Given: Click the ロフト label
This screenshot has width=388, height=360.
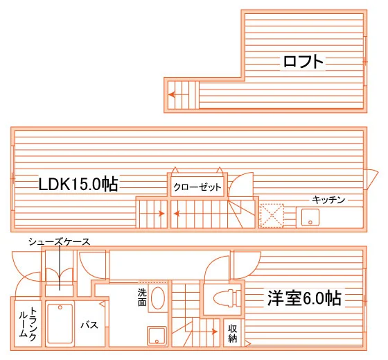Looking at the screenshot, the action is click(303, 61).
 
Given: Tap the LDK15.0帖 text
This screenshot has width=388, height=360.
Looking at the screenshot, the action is click(78, 184).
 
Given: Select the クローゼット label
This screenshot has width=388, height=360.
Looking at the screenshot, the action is click(197, 187).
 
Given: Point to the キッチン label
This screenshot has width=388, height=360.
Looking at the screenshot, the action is click(328, 200).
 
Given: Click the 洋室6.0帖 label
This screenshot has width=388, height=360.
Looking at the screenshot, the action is click(304, 298).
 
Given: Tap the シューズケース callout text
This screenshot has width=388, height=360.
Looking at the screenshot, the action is click(59, 241).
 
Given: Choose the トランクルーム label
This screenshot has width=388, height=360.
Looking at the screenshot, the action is click(28, 324).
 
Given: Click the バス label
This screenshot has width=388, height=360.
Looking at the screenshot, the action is click(89, 325).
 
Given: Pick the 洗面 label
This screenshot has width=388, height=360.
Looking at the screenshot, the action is click(142, 298).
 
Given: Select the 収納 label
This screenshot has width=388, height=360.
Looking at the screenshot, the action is click(233, 333).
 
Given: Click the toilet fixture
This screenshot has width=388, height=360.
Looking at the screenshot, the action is click(227, 298).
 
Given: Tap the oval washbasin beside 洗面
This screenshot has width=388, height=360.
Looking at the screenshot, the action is click(158, 298).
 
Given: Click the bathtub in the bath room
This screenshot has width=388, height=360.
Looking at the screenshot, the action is click(60, 323).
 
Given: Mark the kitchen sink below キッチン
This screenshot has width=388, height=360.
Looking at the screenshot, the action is click(310, 217).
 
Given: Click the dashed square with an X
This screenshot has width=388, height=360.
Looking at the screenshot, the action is click(272, 215).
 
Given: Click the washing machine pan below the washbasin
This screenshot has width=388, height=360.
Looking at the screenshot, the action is click(157, 336).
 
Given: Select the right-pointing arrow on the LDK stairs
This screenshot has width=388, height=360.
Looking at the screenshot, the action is click(152, 214).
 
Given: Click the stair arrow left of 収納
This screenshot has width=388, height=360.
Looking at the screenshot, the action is click(204, 332).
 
